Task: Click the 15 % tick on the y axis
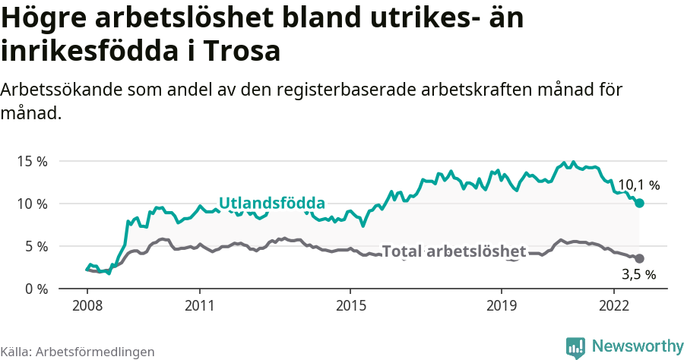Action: click(33, 161)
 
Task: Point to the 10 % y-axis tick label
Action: click(33, 204)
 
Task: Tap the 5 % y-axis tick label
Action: click(36, 246)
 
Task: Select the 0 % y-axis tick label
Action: click(36, 289)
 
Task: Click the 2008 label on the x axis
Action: click(87, 305)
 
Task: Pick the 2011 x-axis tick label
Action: click(199, 305)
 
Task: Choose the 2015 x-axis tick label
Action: click(350, 305)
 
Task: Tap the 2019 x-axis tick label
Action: click(501, 305)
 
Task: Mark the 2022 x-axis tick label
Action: click(614, 305)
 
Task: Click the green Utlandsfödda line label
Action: click(272, 203)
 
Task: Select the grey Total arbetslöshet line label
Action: click(454, 251)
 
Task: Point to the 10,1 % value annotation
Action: click(638, 185)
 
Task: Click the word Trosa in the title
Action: click(242, 51)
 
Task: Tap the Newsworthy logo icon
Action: click(575, 346)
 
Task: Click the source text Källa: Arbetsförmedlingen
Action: click(78, 352)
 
